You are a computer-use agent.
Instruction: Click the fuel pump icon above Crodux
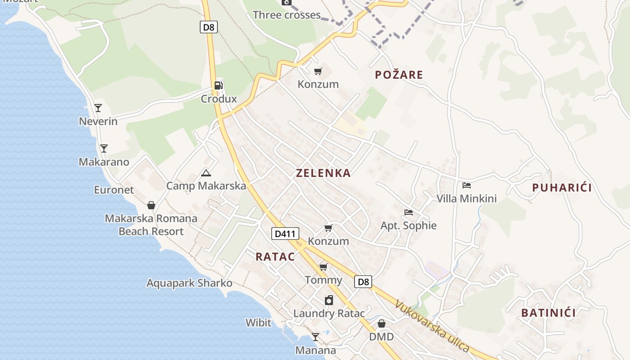[219, 85]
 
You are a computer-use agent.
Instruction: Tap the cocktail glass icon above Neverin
[98, 108]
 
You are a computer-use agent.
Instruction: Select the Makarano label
[104, 162]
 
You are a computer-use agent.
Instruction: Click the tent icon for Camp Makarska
[206, 172]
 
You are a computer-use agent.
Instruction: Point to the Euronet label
[114, 190]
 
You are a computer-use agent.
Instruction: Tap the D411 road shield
[285, 234]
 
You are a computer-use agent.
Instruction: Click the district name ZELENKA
[323, 173]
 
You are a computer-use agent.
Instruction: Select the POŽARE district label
[399, 75]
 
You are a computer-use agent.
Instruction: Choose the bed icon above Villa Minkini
[467, 185]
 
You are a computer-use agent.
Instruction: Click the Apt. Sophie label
[409, 225]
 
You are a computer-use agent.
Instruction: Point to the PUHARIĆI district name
[562, 188]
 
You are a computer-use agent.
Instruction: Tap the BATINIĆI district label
[548, 313]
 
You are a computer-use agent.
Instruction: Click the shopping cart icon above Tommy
[323, 267]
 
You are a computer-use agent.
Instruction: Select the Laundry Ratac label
[329, 314]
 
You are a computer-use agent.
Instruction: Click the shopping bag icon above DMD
[382, 324]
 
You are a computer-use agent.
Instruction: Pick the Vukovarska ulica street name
[432, 326]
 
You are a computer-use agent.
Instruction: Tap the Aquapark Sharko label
[189, 283]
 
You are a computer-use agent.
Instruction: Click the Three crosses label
[287, 15]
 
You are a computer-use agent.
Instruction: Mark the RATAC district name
[275, 257]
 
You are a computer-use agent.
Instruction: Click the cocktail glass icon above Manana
[315, 337]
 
